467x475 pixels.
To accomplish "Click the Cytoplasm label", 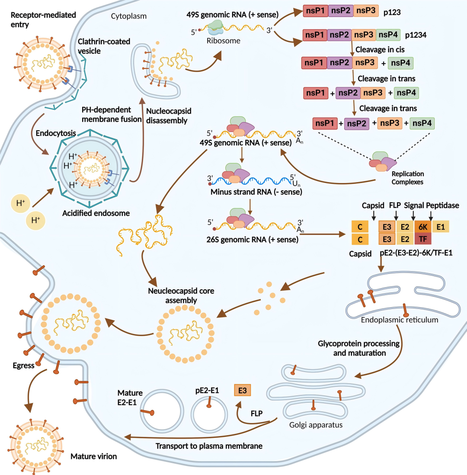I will point(128,16).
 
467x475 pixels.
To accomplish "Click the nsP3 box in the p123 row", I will point(366,11).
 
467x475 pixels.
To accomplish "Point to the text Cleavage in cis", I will point(380,49).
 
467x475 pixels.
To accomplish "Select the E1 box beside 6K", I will point(441,226).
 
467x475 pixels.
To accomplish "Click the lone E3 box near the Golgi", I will point(242,391).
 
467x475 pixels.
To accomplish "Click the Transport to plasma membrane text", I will point(209,446).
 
